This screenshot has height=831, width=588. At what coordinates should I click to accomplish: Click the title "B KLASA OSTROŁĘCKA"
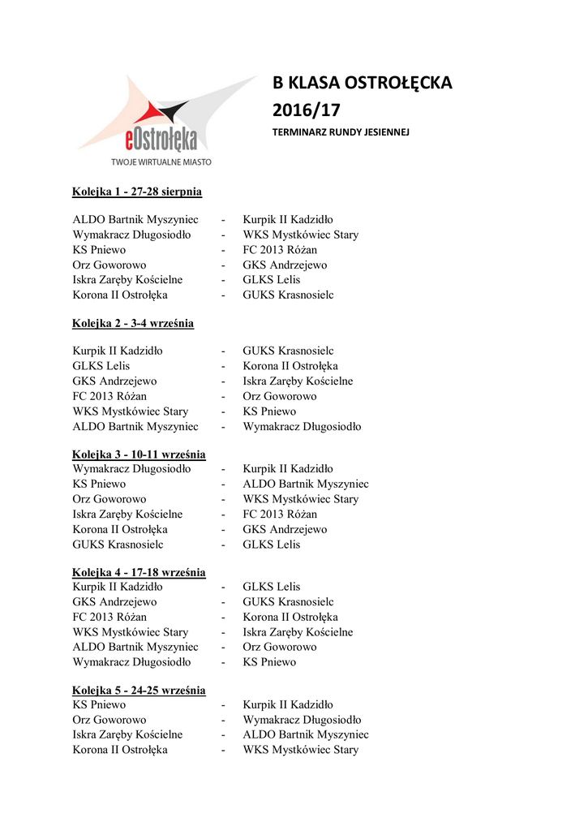coord(362,84)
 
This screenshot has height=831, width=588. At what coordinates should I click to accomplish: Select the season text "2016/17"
coord(306,110)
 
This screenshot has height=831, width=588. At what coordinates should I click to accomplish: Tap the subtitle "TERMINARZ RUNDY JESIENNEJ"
coord(341,131)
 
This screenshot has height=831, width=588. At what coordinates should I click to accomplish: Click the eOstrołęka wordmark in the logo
coord(161,140)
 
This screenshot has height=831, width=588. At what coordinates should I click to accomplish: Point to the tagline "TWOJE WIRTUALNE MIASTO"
coord(161,161)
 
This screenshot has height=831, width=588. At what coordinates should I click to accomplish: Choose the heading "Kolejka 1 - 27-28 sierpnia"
coord(137,192)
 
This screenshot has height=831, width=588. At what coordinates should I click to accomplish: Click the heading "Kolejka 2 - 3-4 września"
coord(133,324)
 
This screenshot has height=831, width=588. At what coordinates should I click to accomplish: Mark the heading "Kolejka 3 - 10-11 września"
coord(139,454)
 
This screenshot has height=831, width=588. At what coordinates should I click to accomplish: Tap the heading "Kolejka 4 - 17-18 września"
coord(139,572)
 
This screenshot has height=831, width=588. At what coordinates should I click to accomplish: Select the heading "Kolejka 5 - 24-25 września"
coord(139,691)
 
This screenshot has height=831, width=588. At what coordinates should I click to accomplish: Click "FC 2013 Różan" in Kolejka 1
coord(280,250)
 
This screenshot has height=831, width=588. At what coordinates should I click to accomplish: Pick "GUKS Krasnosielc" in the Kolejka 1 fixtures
coord(288,295)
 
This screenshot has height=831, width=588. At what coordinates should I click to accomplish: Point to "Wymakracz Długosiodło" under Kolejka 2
coord(302,427)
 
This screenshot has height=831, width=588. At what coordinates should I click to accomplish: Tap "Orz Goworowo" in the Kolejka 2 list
coord(280,397)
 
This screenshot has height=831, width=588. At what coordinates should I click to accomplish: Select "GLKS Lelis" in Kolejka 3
coord(272,545)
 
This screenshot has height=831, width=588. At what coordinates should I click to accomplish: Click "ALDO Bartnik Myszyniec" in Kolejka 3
coord(306,484)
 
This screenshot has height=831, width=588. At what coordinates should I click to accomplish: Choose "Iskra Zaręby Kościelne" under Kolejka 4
coord(298,632)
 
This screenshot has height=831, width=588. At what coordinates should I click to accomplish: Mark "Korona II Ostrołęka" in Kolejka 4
coord(290,618)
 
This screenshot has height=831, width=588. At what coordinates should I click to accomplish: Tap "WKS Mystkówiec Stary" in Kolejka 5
coord(300,750)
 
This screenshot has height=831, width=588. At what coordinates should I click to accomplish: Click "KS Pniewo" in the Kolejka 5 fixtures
coord(99,705)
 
